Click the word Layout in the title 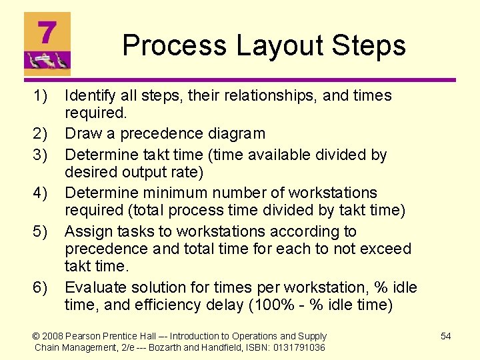[263, 46]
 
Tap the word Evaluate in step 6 [95, 288]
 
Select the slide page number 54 [445, 336]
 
